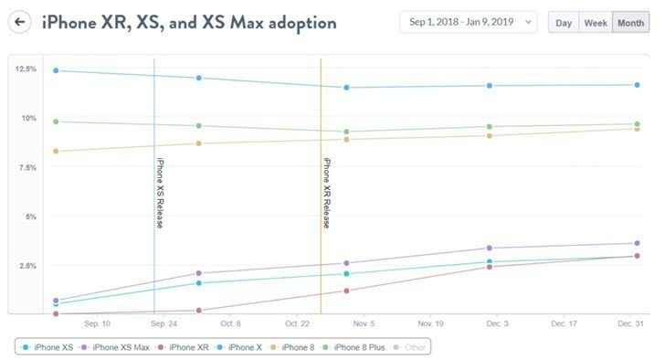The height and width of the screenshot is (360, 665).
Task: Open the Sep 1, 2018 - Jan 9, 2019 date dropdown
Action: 468,23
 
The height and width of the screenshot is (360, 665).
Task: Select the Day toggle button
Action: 563,23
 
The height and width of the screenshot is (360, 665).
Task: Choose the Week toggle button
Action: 595,23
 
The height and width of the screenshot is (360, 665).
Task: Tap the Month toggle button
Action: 630,23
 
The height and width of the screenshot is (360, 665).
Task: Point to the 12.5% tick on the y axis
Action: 25,69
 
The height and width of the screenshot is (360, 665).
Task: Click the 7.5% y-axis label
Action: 25,167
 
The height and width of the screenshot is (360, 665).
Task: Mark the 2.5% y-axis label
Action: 25,266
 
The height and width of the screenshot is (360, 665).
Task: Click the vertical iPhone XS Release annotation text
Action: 160,192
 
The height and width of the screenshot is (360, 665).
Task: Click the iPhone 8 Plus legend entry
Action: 360,347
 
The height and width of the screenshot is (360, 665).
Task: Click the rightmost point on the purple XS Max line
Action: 636,243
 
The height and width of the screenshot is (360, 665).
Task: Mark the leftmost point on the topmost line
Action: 56,70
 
